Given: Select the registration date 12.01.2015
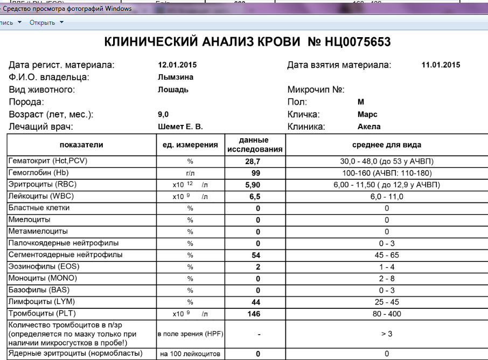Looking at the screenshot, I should click(177, 65).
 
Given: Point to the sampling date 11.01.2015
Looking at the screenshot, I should click(441, 65).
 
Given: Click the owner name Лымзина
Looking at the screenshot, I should click(172, 77).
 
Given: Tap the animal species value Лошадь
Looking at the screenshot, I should click(173, 89).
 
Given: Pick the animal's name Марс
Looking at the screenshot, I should click(367, 115).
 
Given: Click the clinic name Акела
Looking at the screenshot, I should click(369, 127).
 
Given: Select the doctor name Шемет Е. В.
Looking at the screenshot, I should click(180, 127).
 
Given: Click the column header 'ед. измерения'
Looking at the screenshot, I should click(190, 145).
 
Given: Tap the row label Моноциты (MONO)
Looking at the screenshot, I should click(43, 278).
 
